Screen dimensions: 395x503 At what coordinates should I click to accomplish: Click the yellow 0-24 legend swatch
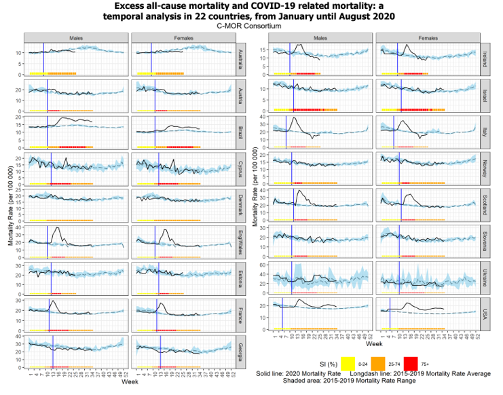pos(348,364)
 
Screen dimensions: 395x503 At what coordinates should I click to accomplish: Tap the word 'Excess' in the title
pos(132,6)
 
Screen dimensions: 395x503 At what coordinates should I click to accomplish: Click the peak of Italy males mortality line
pos(294,118)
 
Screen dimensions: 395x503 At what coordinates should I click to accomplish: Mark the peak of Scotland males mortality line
pos(298,191)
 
